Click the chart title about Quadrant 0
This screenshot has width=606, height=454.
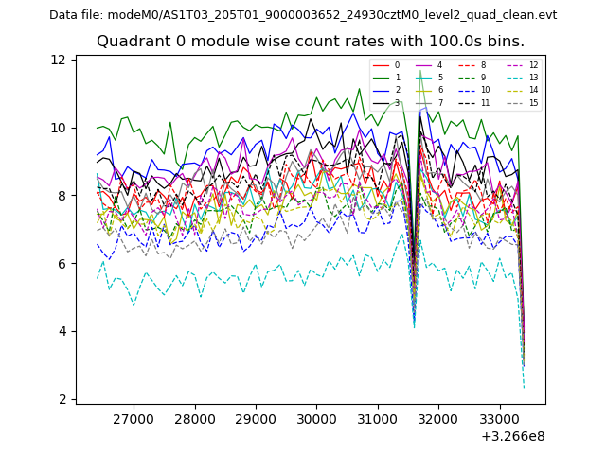pyautogui.click(x=310, y=42)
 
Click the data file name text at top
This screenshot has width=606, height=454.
pyautogui.click(x=303, y=15)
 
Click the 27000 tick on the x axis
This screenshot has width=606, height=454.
pyautogui.click(x=134, y=419)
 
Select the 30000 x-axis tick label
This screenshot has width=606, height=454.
pyautogui.click(x=316, y=419)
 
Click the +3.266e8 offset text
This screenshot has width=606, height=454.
pyautogui.click(x=512, y=436)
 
